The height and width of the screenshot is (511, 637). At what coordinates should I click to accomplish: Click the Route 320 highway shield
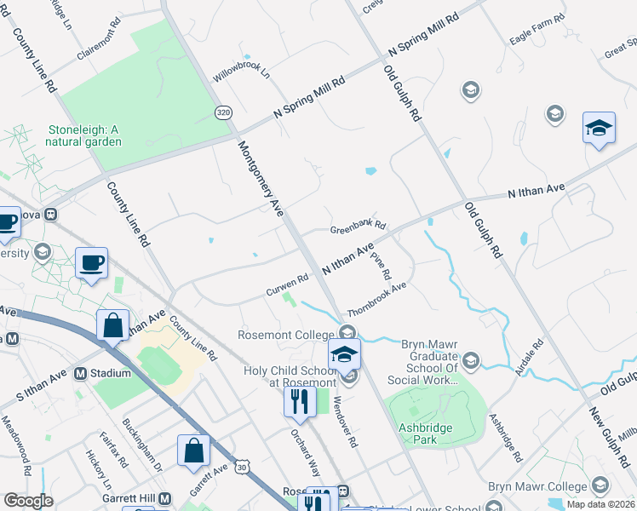tap(223, 112)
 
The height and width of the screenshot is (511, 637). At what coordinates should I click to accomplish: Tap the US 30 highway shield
tap(244, 467)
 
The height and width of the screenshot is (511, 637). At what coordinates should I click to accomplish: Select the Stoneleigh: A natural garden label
tap(85, 135)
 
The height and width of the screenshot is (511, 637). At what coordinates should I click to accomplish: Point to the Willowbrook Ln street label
tap(241, 74)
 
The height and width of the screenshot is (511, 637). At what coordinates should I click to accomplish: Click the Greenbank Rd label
tap(358, 227)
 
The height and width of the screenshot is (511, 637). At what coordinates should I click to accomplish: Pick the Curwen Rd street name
tap(287, 284)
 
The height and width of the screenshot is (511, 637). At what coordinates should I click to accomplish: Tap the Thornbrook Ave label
tap(376, 299)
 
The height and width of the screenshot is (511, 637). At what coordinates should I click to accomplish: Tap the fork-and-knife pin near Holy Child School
tap(298, 399)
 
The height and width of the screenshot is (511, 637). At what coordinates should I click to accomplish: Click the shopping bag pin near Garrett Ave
tap(192, 450)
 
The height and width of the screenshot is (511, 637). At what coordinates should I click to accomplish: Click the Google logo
tap(28, 501)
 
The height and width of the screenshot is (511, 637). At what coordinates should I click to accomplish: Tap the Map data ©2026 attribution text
tap(600, 504)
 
